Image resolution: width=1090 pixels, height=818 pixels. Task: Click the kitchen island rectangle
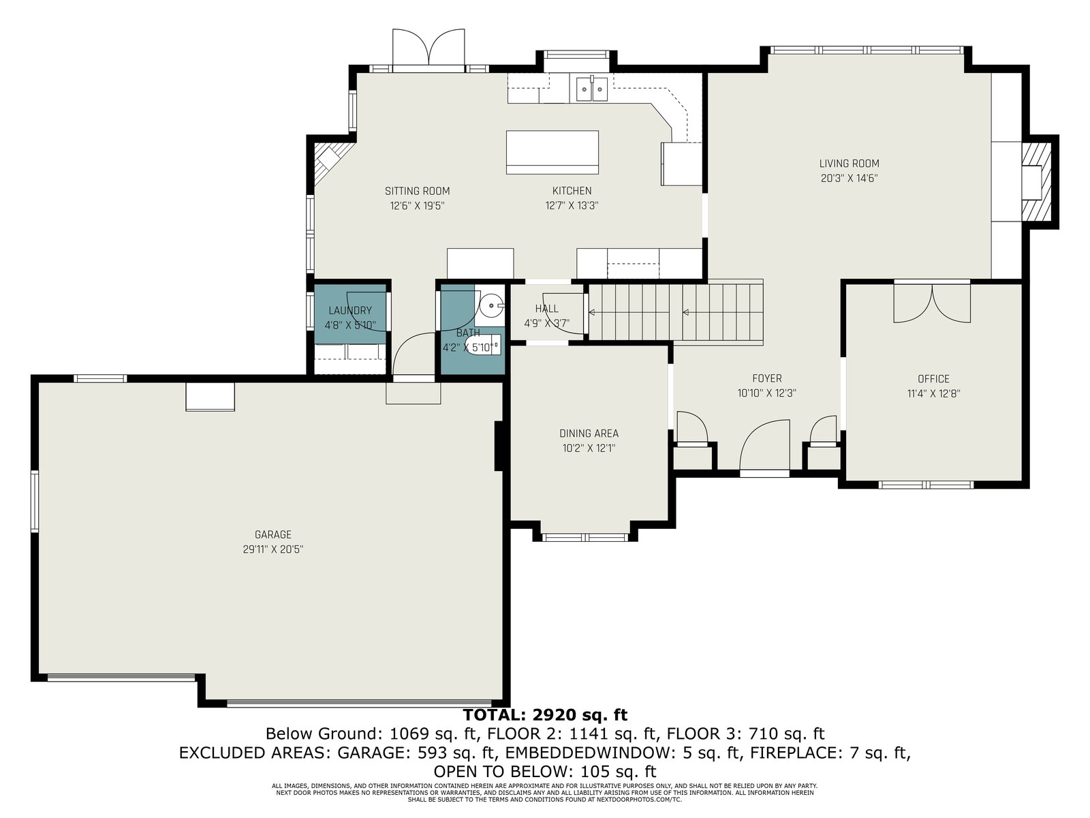pyautogui.click(x=552, y=152)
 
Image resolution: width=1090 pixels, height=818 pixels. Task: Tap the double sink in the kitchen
pyautogui.click(x=592, y=89)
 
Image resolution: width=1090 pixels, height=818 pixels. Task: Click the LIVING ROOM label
pyautogui.click(x=849, y=164)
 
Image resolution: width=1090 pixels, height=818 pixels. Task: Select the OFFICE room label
pyautogui.click(x=933, y=379)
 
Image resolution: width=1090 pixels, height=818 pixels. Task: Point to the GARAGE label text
pyautogui.click(x=272, y=535)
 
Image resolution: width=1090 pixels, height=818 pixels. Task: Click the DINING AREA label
pyautogui.click(x=589, y=434)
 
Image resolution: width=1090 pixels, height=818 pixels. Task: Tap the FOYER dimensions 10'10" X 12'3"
pyautogui.click(x=766, y=393)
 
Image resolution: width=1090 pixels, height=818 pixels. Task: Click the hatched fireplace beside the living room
pyautogui.click(x=1036, y=182)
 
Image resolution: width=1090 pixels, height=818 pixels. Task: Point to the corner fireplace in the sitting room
pyautogui.click(x=328, y=163)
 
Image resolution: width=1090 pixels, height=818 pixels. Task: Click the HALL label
pyautogui.click(x=547, y=309)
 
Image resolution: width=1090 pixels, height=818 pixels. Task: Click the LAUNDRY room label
pyautogui.click(x=350, y=311)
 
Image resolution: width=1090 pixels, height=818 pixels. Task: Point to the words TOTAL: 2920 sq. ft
pyautogui.click(x=545, y=714)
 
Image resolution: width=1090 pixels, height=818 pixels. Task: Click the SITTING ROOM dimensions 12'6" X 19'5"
pyautogui.click(x=417, y=206)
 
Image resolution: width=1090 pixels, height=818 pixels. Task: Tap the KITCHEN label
pyautogui.click(x=572, y=191)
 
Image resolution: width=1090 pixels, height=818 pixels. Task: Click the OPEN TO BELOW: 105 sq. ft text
pyautogui.click(x=545, y=772)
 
